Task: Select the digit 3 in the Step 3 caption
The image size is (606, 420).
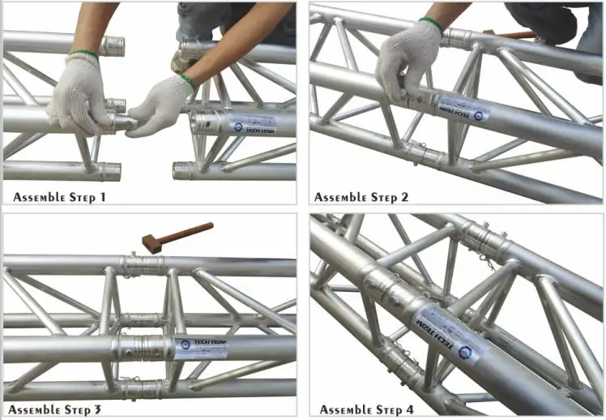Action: pyautogui.click(x=98, y=409)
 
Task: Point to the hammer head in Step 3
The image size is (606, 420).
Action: pyautogui.click(x=151, y=240)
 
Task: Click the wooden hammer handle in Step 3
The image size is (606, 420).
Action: pyautogui.click(x=188, y=230)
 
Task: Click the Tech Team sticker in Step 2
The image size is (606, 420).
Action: pyautogui.click(x=462, y=109)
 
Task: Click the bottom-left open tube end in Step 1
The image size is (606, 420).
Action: pyautogui.click(x=110, y=170)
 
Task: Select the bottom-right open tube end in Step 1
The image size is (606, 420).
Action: pyautogui.click(x=184, y=171)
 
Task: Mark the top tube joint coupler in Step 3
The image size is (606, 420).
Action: pyautogui.click(x=143, y=265)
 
